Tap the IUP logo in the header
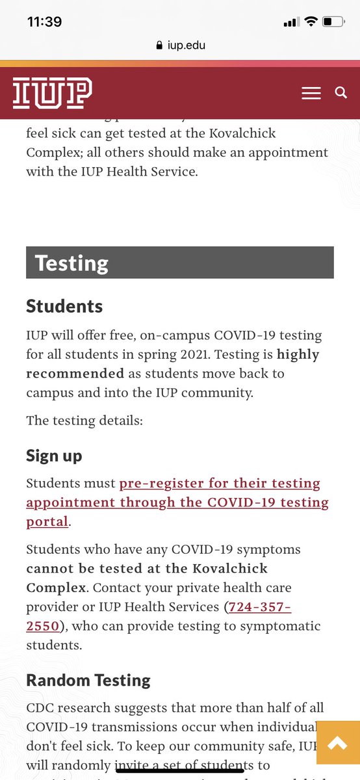(x=53, y=93)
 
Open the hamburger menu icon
(x=311, y=94)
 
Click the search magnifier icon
(x=341, y=93)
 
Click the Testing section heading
(x=71, y=263)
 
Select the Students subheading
(x=64, y=306)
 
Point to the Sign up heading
(x=54, y=456)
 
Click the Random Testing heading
(x=88, y=680)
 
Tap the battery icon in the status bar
(x=333, y=22)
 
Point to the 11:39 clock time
(x=44, y=21)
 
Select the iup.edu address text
(x=187, y=45)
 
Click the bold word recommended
(x=75, y=374)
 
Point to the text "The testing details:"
(x=84, y=420)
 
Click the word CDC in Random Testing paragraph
(x=42, y=707)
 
